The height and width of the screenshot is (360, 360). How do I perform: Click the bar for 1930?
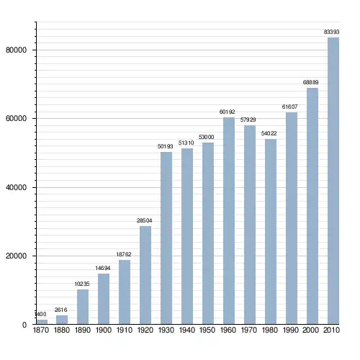[166, 238]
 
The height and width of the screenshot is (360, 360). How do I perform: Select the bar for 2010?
[333, 181]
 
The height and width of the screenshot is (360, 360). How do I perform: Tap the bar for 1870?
[42, 322]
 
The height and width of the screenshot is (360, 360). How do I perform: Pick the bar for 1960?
[229, 221]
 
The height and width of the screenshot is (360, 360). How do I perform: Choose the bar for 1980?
[271, 232]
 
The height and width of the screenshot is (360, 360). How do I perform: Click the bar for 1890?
[83, 307]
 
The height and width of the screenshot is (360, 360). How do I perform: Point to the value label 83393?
[331, 32]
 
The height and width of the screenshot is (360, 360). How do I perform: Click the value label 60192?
[227, 112]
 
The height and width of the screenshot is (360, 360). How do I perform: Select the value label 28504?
[144, 220]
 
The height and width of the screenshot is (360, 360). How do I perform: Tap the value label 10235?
[82, 284]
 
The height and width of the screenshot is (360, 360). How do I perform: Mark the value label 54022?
[269, 133]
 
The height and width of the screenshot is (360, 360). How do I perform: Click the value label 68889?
[310, 82]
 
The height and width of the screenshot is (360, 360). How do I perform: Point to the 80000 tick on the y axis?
[16, 50]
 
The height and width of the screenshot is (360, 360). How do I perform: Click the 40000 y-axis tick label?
[16, 187]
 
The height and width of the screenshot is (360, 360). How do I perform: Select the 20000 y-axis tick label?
[16, 256]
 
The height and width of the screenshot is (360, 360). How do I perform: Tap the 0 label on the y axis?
[24, 325]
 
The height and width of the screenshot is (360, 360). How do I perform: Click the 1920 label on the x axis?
[145, 330]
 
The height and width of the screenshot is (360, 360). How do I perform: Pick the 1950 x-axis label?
[207, 330]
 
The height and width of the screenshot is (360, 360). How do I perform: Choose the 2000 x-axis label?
[310, 330]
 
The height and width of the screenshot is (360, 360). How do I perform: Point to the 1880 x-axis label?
[62, 330]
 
